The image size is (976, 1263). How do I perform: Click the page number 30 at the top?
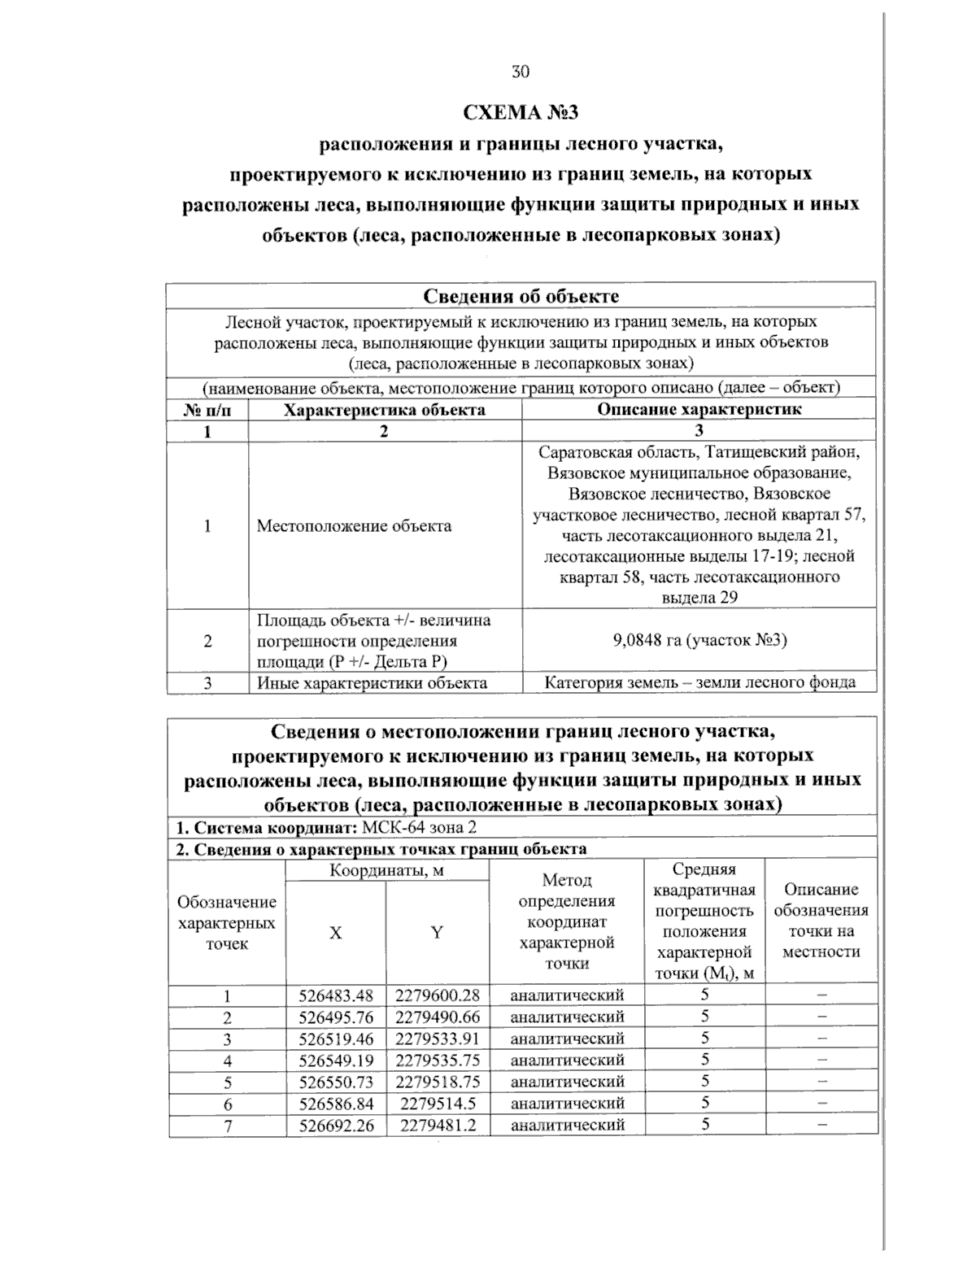click(x=521, y=72)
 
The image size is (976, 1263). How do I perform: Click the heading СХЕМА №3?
click(x=521, y=111)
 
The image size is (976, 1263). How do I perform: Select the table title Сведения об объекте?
click(x=521, y=296)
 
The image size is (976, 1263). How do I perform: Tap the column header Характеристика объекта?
click(x=384, y=410)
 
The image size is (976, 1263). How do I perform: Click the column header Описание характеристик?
click(x=699, y=410)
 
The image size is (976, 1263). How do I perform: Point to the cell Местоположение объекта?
click(x=354, y=526)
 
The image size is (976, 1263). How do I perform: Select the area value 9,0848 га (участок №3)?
click(x=699, y=641)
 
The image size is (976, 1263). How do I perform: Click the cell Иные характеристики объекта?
click(x=372, y=683)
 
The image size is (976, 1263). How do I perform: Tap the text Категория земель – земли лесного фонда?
click(x=699, y=683)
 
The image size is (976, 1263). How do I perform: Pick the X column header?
click(x=335, y=934)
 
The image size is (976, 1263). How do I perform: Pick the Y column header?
click(x=437, y=934)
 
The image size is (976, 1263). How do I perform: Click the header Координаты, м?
click(x=386, y=871)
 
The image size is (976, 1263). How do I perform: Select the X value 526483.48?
click(x=335, y=995)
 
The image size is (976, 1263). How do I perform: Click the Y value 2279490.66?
click(x=438, y=1017)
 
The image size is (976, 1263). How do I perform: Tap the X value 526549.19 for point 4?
click(x=335, y=1060)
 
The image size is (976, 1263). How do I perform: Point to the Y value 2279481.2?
click(x=438, y=1125)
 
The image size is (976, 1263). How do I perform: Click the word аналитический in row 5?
click(x=567, y=1082)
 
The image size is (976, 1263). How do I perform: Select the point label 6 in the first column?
click(x=228, y=1104)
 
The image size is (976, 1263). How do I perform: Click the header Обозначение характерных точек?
click(x=227, y=923)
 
